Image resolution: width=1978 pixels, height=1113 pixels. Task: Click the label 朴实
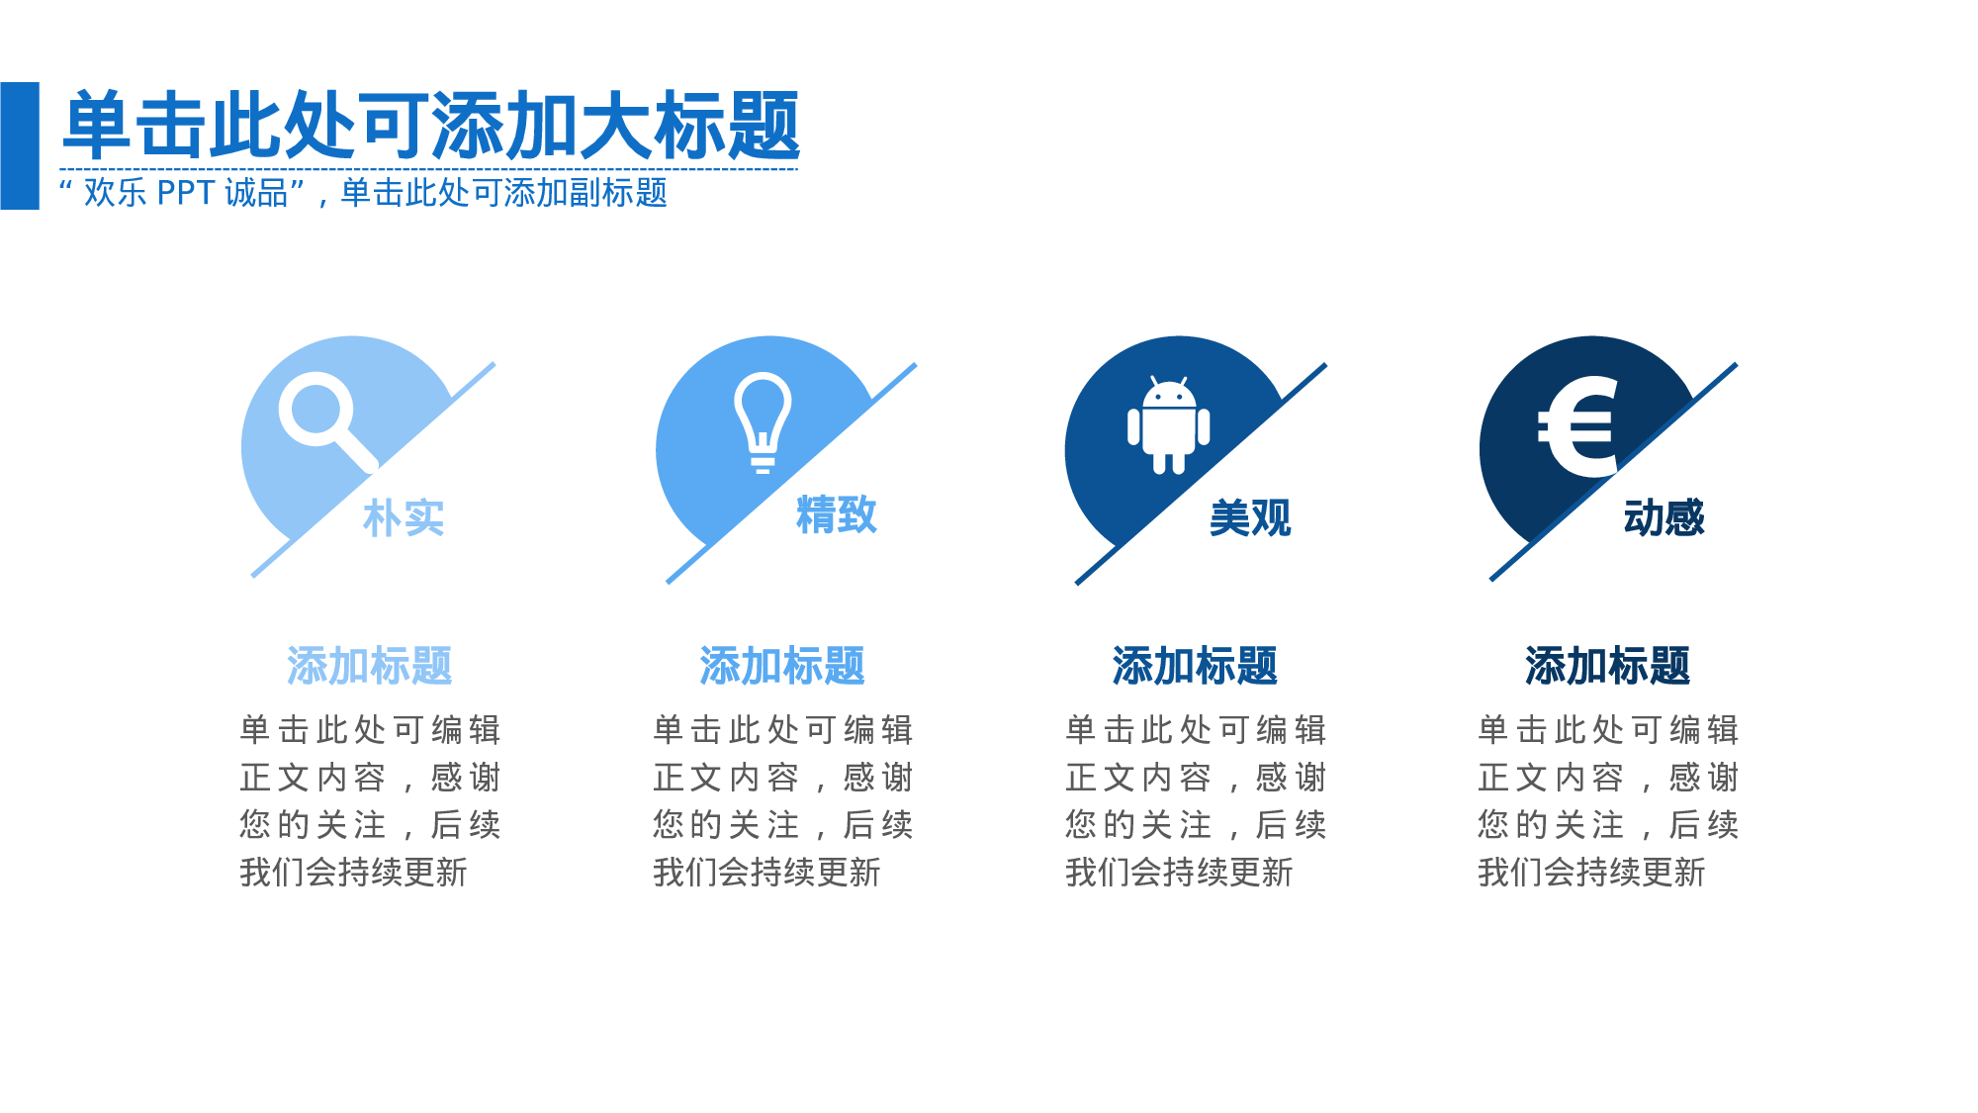[x=404, y=517]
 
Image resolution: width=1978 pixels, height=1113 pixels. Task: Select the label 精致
[x=837, y=514]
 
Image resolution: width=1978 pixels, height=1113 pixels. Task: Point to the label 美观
[x=1250, y=517]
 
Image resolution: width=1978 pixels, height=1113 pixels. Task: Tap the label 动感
[x=1663, y=517]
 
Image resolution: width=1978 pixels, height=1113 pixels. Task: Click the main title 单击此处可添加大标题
[x=430, y=126]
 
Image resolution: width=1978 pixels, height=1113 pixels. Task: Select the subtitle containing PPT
[x=363, y=192]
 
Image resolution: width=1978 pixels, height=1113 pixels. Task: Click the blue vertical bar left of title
[x=19, y=145]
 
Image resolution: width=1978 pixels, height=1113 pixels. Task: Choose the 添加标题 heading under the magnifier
[x=369, y=666]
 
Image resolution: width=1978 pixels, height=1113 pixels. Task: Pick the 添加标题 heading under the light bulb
[x=781, y=666]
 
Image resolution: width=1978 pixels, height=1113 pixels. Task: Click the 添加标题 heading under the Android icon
[x=1194, y=666]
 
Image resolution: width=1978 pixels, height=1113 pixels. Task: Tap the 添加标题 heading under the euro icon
[x=1607, y=666]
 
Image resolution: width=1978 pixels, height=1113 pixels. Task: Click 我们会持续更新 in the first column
[x=353, y=872]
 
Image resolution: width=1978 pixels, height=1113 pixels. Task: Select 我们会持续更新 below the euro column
[x=1591, y=872]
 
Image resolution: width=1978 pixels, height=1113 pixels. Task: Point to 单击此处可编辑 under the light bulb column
[x=782, y=730]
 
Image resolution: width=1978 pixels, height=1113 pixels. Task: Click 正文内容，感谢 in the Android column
[x=1195, y=778]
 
